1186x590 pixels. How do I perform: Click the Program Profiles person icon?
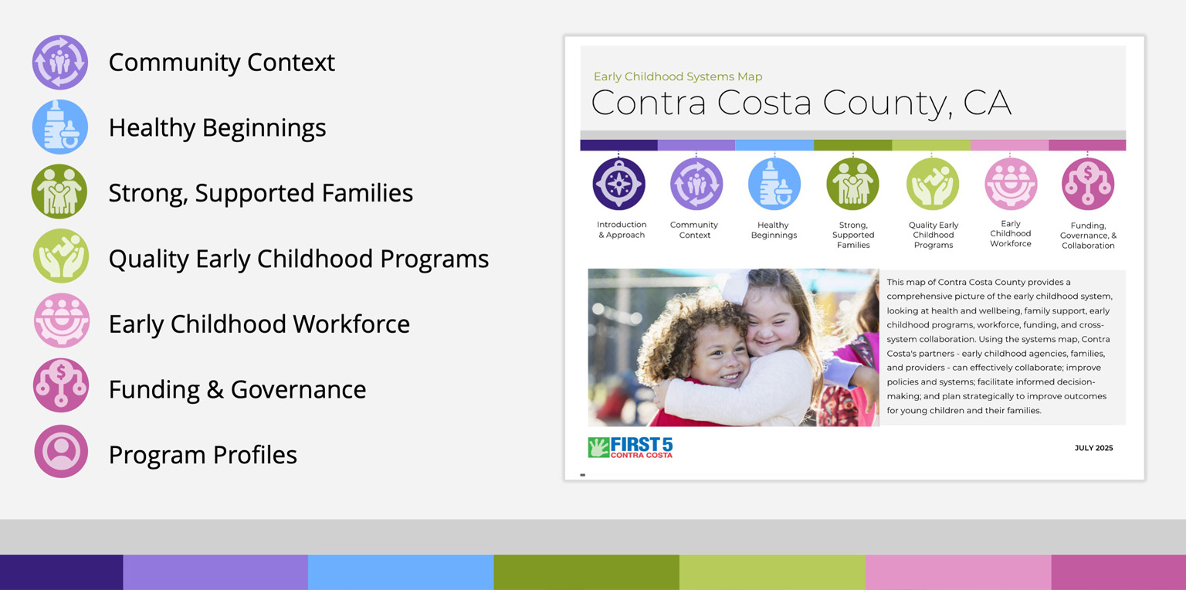61,451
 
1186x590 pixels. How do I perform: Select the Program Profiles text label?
203,454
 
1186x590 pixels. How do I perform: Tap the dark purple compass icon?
618,184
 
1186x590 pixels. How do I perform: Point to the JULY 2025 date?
1093,448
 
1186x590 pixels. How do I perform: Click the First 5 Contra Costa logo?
630,448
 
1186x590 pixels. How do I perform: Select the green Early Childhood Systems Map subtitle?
678,76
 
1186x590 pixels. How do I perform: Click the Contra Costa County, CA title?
801,103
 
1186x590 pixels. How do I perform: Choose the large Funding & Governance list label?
237,389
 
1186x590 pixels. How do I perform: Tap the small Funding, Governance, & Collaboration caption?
1088,236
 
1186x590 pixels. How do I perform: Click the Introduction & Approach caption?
622,230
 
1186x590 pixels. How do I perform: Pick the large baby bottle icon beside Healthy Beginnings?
59,127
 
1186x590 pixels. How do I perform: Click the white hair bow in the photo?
734,287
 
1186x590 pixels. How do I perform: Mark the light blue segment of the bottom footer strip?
401,572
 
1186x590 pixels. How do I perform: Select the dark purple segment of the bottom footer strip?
62,572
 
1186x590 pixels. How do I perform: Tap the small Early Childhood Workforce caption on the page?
1010,233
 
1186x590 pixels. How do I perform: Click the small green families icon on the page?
852,184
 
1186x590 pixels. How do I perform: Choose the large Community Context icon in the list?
59,62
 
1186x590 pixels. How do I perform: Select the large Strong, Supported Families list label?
260,193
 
